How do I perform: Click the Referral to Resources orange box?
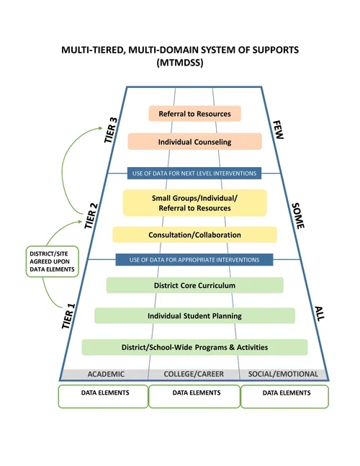[194, 114]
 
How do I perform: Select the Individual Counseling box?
[194, 142]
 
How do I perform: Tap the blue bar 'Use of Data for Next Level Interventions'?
[194, 173]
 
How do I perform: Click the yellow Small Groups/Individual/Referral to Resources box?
[194, 203]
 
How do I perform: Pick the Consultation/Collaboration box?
[194, 235]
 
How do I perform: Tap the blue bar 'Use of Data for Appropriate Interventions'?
[194, 259]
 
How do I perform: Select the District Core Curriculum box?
[194, 285]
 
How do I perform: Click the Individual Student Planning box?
[194, 315]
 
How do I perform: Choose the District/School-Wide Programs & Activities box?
[194, 347]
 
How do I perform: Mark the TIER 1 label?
[70, 315]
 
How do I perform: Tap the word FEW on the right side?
[279, 131]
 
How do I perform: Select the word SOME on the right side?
[297, 215]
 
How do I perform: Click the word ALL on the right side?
[320, 314]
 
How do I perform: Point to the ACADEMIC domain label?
[106, 375]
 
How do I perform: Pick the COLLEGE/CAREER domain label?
[194, 375]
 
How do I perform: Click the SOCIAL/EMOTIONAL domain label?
[283, 375]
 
